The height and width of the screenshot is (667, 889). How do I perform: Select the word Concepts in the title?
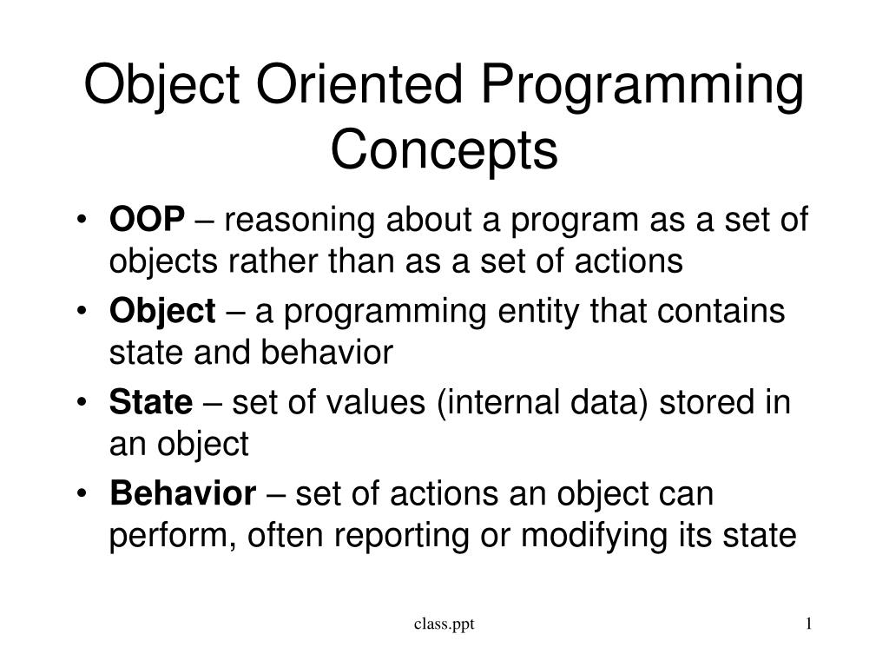[x=444, y=149]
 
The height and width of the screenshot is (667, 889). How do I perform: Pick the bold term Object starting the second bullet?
[x=161, y=311]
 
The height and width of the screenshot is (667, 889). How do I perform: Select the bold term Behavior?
[x=182, y=494]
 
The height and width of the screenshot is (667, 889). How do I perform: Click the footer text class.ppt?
[x=444, y=624]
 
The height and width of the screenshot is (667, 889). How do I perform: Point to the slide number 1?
[x=808, y=624]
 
